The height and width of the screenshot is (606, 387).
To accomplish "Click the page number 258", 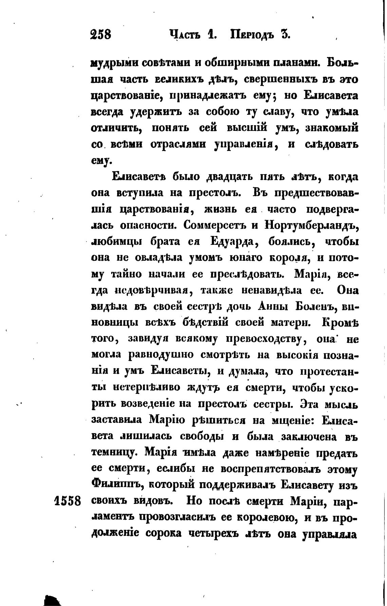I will (101, 34).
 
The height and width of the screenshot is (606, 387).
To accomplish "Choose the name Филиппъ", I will (116, 485).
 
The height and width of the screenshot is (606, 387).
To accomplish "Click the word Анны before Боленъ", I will (273, 307).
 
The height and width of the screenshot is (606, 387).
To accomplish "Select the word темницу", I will (115, 453).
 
